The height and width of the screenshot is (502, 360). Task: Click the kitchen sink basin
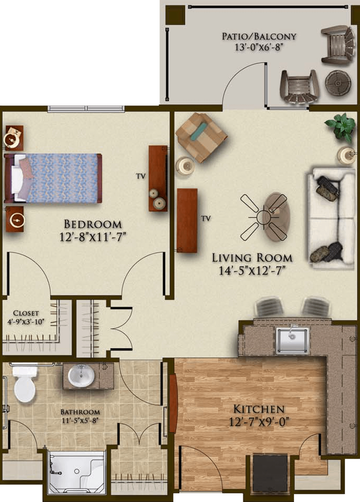[x=292, y=341]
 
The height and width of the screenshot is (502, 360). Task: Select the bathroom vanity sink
[x=81, y=376]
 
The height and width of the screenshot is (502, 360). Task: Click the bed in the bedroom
[x=53, y=178]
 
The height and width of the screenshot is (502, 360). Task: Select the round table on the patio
[x=338, y=83]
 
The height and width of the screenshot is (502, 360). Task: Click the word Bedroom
[x=93, y=224]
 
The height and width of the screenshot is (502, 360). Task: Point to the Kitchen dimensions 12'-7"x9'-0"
[x=259, y=422]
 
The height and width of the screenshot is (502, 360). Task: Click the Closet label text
[x=26, y=313]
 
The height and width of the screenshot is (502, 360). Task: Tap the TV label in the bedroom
[x=141, y=176]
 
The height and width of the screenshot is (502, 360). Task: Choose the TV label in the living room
[x=206, y=219]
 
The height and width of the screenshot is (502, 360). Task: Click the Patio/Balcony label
[x=259, y=36]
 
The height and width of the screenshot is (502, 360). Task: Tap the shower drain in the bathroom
[x=77, y=471]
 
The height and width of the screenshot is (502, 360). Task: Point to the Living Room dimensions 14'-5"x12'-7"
[x=252, y=271]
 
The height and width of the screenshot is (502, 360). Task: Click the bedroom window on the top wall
[x=86, y=109]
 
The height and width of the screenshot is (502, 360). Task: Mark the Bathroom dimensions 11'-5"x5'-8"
[x=80, y=421]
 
